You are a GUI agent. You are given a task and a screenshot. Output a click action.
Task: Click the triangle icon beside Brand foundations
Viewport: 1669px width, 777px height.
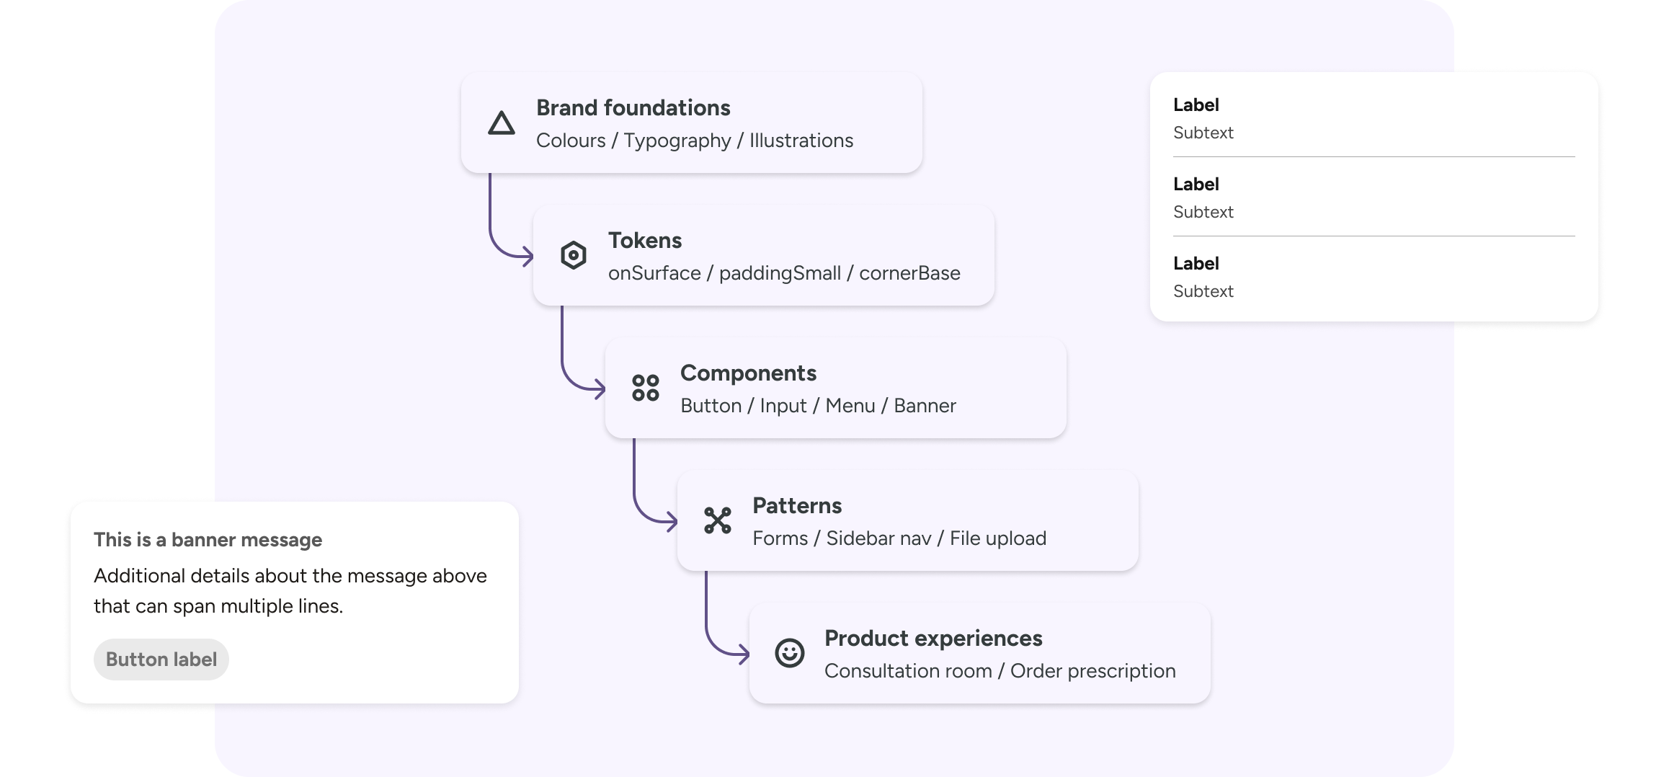tap(501, 123)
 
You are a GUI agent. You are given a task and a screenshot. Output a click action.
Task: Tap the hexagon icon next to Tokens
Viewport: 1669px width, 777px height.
tap(574, 255)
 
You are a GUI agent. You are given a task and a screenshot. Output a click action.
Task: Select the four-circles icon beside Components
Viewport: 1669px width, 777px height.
tap(645, 388)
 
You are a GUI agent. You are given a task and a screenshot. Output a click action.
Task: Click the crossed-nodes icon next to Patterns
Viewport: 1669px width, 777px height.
tap(718, 520)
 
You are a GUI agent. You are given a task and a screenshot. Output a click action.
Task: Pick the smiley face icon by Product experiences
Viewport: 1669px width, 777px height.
tap(789, 653)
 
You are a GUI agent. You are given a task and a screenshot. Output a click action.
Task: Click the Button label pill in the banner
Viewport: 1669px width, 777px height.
tap(161, 660)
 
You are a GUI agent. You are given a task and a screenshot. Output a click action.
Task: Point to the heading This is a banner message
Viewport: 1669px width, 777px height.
tap(208, 540)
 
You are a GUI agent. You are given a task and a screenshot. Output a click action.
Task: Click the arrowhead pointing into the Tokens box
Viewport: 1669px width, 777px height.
tap(528, 256)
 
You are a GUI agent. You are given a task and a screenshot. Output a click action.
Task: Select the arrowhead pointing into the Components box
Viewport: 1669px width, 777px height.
tap(600, 389)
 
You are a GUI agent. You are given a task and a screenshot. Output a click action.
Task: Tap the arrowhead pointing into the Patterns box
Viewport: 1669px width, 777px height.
tap(672, 521)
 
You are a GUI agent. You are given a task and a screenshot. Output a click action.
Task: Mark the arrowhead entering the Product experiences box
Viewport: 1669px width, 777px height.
tap(744, 654)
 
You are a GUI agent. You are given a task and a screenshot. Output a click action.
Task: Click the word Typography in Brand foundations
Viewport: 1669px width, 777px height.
tap(677, 141)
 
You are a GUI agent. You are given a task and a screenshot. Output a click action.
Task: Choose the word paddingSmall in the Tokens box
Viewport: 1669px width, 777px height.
tap(780, 273)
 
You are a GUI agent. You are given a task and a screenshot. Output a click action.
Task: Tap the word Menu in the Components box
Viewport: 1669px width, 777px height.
tap(850, 406)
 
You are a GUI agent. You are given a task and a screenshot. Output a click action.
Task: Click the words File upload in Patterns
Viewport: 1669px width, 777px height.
tap(997, 538)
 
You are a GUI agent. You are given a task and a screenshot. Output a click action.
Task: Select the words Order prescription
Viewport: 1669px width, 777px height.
tap(1092, 671)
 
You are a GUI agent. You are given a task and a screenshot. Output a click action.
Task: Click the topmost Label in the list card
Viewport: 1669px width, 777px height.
tap(1196, 105)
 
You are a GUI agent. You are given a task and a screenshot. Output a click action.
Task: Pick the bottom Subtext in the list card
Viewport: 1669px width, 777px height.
tap(1203, 291)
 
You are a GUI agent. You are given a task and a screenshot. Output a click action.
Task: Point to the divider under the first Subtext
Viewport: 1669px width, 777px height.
tap(1374, 157)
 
